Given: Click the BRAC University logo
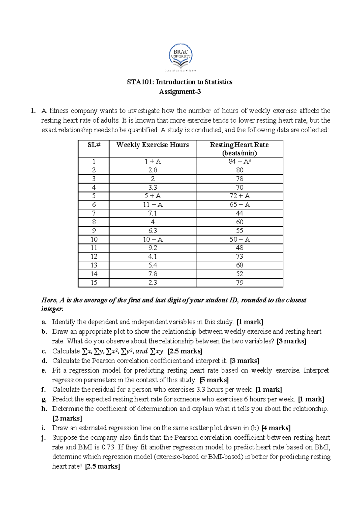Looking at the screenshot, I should click(180, 57).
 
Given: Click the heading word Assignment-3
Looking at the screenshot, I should click(180, 92).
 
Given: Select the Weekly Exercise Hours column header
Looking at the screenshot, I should click(153, 145).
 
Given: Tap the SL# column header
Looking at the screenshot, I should click(94, 145).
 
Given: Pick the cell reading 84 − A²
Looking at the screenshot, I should click(240, 161).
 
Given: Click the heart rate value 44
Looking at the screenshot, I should click(240, 213).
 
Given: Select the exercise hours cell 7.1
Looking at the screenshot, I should click(153, 213).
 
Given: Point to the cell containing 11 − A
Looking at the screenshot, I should click(153, 204).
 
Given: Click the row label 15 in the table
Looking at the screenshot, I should click(94, 283).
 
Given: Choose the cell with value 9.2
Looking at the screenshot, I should click(153, 248).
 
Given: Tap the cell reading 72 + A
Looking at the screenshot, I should click(240, 196).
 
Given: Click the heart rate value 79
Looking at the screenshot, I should click(240, 283).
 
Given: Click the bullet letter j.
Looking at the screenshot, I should click(44, 438).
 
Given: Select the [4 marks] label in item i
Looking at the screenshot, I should click(276, 428).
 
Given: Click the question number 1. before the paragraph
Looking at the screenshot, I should click(33, 111).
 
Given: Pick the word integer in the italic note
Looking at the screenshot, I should click(52, 309).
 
